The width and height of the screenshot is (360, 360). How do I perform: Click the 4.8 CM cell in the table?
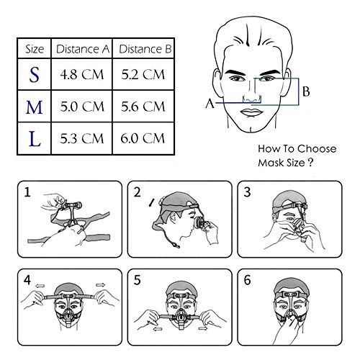point(82,74)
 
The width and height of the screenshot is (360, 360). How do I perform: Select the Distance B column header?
point(145,49)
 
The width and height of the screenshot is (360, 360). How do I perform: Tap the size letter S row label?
point(34,75)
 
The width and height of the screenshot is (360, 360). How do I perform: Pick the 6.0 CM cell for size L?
point(143,138)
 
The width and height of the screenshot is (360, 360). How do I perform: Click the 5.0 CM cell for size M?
point(82,107)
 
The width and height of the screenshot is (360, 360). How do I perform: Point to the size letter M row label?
point(34,107)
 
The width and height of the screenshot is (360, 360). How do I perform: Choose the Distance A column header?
point(83,49)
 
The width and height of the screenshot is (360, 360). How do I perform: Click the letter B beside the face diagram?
point(306,91)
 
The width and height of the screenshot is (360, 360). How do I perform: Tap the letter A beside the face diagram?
point(210,104)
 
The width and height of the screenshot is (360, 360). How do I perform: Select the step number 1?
point(27,192)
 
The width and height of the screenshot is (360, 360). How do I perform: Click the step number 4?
point(27,280)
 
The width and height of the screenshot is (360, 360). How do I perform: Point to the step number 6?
point(247,280)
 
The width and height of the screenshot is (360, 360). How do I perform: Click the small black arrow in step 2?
point(151,202)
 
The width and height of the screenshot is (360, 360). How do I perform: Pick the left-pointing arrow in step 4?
point(40,286)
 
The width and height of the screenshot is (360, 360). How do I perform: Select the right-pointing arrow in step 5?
point(203,328)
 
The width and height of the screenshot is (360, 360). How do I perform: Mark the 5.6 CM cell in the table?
point(143,107)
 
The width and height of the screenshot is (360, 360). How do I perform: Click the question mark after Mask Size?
point(310,163)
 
